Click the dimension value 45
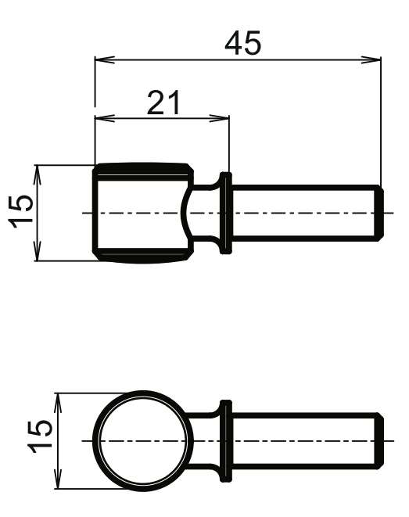(x=242, y=43)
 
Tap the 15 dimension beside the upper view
(x=23, y=212)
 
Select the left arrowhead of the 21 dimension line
(x=100, y=118)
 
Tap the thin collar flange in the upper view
(x=227, y=212)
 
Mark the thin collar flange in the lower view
(x=227, y=441)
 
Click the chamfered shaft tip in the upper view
(x=383, y=212)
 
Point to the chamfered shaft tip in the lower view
(x=383, y=441)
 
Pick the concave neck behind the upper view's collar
(x=203, y=212)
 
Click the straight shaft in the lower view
(x=305, y=441)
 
